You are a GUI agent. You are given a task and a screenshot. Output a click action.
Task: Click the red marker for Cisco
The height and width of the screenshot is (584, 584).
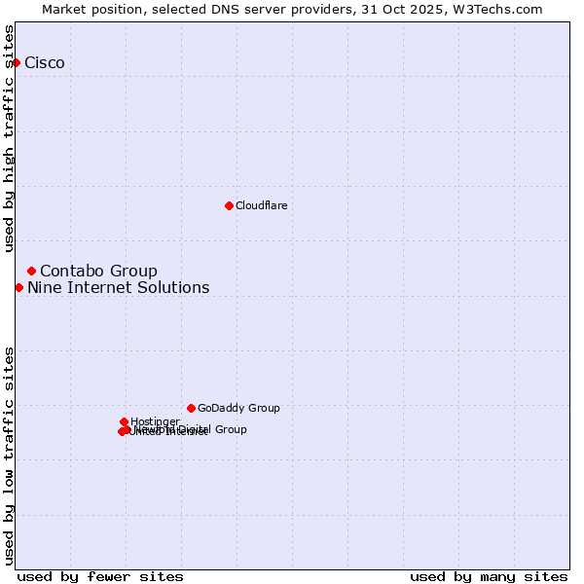click(x=16, y=62)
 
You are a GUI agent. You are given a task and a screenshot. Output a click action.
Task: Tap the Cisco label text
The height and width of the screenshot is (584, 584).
click(x=45, y=63)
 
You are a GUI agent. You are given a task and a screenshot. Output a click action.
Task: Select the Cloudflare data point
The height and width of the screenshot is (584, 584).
click(x=229, y=205)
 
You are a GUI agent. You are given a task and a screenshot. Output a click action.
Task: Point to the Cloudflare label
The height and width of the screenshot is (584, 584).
click(x=261, y=205)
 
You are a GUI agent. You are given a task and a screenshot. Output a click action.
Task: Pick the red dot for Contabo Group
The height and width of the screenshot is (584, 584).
click(x=31, y=271)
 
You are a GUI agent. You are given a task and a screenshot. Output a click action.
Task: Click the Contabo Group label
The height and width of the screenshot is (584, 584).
click(x=98, y=272)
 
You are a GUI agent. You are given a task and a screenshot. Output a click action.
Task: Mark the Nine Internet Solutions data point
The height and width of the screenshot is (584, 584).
click(x=18, y=287)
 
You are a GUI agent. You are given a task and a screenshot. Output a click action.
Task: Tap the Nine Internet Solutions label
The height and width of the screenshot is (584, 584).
click(x=118, y=288)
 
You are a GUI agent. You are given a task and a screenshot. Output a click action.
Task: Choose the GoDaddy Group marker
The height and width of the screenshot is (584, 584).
click(x=191, y=408)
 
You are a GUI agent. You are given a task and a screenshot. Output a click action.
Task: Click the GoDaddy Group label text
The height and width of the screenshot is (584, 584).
click(x=238, y=409)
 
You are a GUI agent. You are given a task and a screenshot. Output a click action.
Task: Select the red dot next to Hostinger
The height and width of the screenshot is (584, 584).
click(x=124, y=421)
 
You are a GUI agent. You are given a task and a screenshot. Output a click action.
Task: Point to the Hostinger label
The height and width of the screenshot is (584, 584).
click(x=155, y=421)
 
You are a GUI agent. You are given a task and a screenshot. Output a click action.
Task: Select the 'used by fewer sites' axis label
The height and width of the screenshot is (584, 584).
click(x=100, y=576)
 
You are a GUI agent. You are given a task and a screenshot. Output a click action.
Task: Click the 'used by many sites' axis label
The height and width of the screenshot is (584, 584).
click(x=489, y=576)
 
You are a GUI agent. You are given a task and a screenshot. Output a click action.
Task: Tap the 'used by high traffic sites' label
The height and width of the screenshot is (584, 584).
click(x=9, y=138)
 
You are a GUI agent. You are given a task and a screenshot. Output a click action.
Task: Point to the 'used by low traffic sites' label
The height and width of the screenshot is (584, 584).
click(x=9, y=456)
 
